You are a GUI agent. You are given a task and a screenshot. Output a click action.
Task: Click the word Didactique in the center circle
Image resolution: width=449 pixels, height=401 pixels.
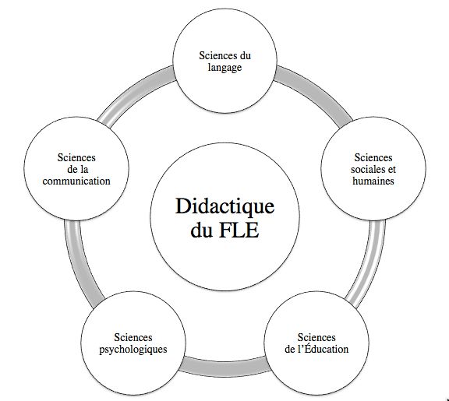coord(225,208)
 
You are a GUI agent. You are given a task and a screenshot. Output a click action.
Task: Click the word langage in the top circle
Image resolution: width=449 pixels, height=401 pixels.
coord(226,68)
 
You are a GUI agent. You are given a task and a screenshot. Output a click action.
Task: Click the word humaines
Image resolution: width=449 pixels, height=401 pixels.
coord(373,181)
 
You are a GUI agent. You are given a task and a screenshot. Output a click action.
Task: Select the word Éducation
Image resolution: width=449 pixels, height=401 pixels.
coord(322,349)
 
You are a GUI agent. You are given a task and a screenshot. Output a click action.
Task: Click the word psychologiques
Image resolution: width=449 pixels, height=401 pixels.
coord(133,349)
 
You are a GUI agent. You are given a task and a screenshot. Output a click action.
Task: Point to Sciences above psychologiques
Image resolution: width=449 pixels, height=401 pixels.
coord(133,337)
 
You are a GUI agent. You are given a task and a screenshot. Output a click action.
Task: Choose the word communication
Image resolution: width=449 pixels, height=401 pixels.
coord(76,181)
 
